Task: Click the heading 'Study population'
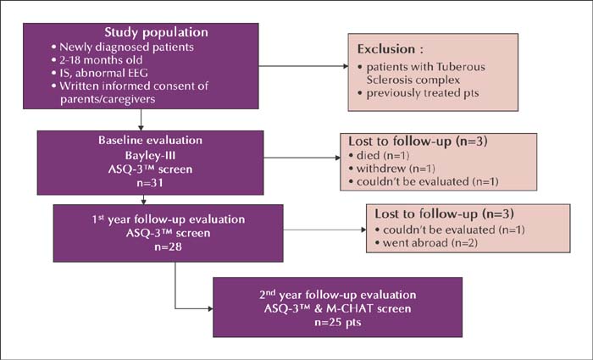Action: pyautogui.click(x=156, y=32)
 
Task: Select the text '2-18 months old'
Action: pyautogui.click(x=101, y=60)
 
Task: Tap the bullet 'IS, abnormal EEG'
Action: pyautogui.click(x=103, y=73)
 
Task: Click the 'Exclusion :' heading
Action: pyautogui.click(x=391, y=49)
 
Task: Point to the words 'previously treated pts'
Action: pyautogui.click(x=423, y=93)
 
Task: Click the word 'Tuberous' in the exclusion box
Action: pyautogui.click(x=461, y=67)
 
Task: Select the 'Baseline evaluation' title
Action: pyautogui.click(x=151, y=141)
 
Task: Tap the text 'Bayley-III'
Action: pyautogui.click(x=150, y=155)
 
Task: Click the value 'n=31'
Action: pyautogui.click(x=150, y=183)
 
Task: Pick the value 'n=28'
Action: pyautogui.click(x=169, y=247)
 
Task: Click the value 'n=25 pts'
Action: pyautogui.click(x=338, y=323)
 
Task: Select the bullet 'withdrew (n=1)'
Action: pyautogui.click(x=396, y=169)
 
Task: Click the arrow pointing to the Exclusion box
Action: pyautogui.click(x=303, y=66)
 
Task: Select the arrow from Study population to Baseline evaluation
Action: pyautogui.click(x=141, y=120)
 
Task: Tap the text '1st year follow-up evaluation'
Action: pyautogui.click(x=169, y=219)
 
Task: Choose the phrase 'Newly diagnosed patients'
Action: pyautogui.click(x=127, y=47)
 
